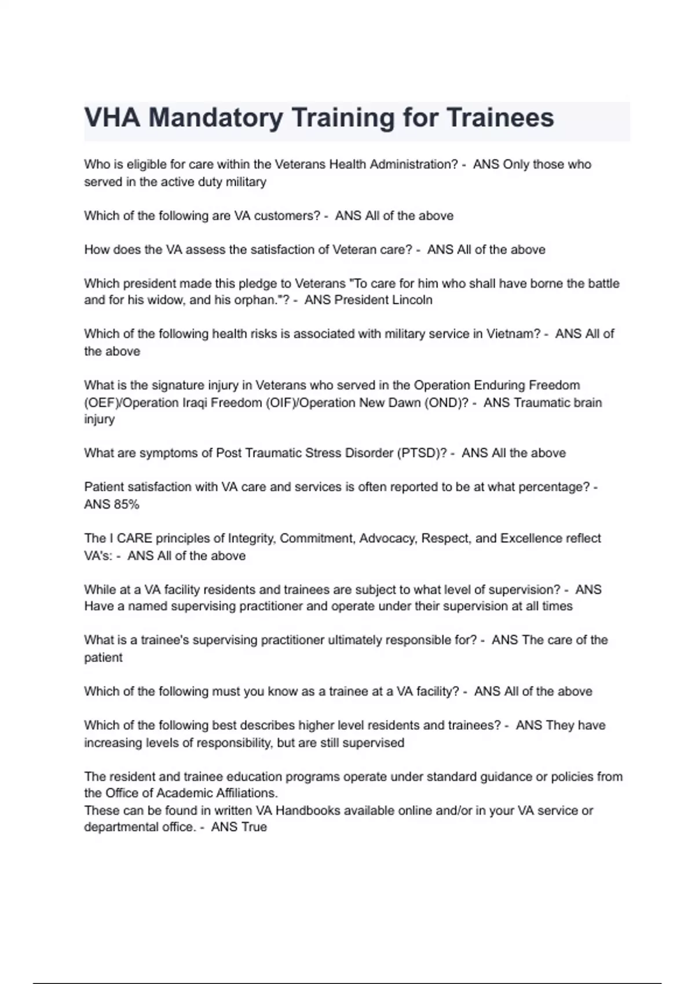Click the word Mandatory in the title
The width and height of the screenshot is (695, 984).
coord(215,118)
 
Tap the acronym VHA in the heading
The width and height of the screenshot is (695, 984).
coord(112,118)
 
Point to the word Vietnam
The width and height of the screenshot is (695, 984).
coord(513,334)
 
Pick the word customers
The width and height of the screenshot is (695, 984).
coord(283,216)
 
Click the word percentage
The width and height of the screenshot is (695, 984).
coord(553,487)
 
